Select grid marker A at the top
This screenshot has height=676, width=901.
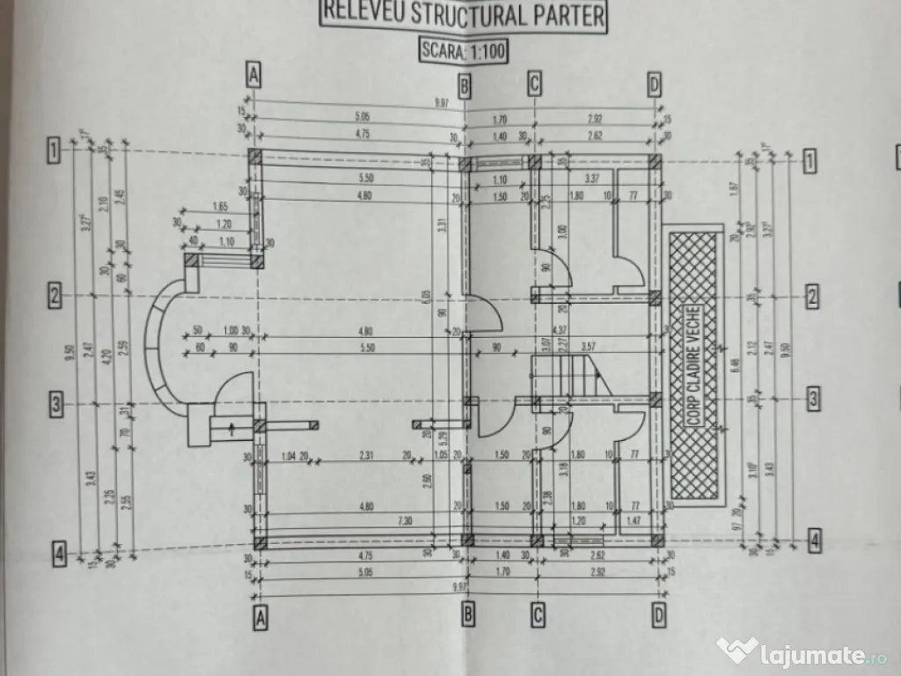(x=254, y=77)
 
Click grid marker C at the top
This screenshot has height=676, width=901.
(x=534, y=83)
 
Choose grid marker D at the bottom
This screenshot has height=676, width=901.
(x=656, y=617)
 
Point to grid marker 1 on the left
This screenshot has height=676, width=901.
(x=54, y=151)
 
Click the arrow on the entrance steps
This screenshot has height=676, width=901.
(x=231, y=430)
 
